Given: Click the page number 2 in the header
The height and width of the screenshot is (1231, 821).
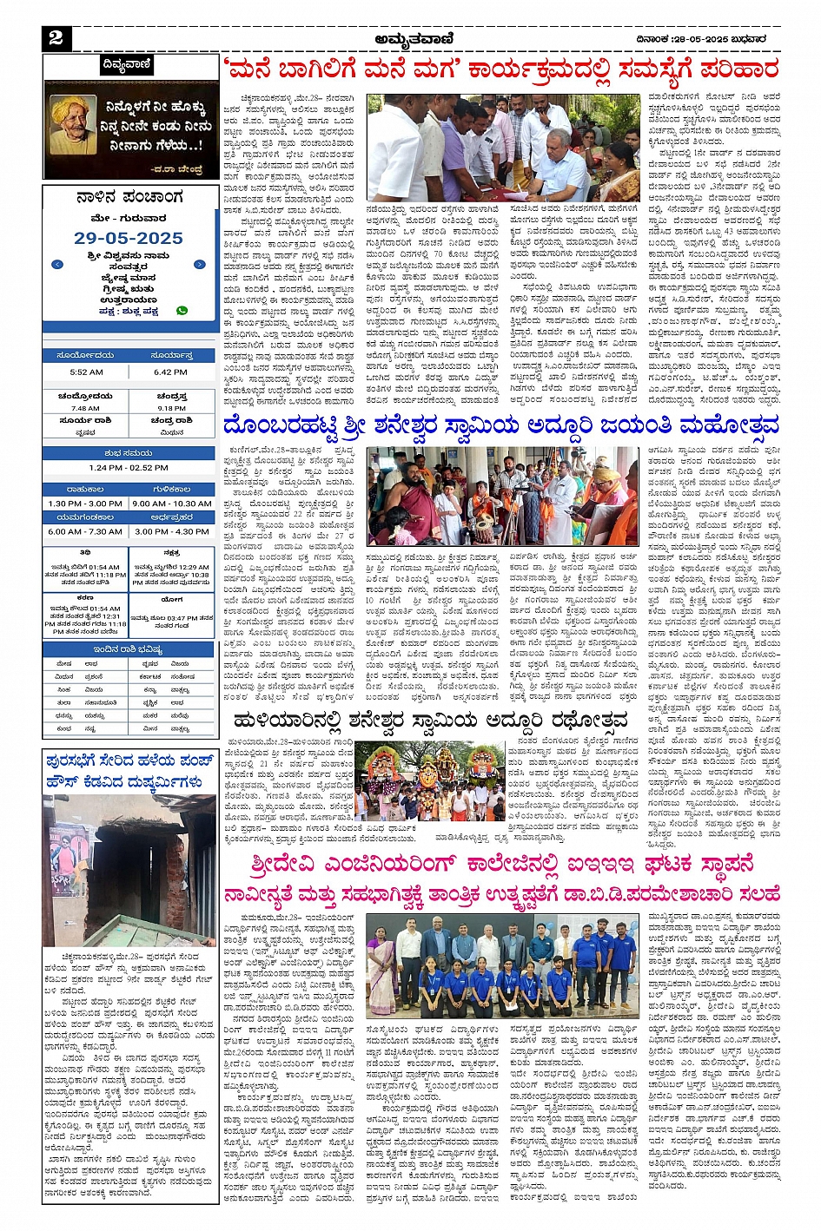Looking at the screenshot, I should click(x=56, y=37).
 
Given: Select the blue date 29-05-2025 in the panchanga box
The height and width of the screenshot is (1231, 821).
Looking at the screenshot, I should click(x=129, y=238).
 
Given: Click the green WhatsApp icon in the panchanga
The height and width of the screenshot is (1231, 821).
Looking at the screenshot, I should click(x=182, y=310).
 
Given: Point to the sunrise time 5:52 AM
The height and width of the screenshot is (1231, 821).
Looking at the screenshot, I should click(x=86, y=372).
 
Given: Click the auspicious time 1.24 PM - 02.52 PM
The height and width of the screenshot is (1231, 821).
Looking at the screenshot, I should click(x=129, y=467).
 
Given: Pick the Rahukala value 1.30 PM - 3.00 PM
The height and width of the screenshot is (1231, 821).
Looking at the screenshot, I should click(x=85, y=504).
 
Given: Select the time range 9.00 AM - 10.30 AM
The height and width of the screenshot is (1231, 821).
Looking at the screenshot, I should click(x=172, y=504).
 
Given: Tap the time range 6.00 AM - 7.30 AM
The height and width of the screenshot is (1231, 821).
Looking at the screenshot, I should click(x=85, y=531).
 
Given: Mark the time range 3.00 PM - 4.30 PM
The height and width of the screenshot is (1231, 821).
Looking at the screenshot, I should click(x=172, y=531).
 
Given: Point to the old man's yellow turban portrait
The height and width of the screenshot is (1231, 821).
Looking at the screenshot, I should click(x=73, y=123).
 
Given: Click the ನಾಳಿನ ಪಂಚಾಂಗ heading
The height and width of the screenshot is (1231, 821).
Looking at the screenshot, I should click(x=129, y=198).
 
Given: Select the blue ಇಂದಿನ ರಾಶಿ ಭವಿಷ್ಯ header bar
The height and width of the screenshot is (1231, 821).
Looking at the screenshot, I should click(x=129, y=649).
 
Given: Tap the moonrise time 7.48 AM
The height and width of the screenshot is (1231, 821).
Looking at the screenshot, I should click(x=85, y=408).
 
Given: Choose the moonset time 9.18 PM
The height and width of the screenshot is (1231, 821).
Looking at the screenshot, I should click(x=172, y=408).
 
